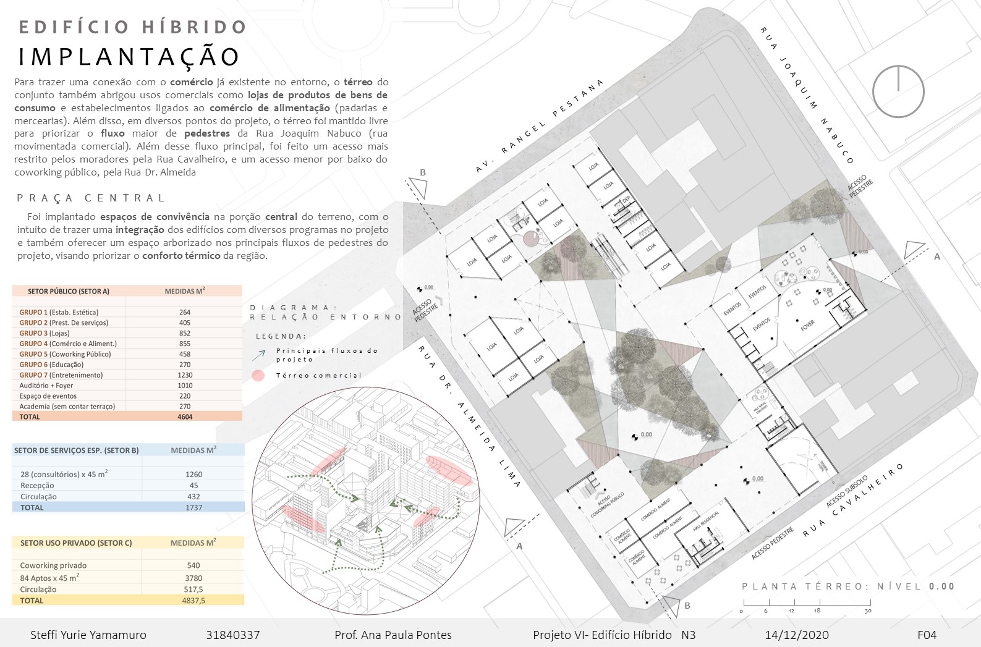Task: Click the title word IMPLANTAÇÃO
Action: pyautogui.click(x=129, y=56)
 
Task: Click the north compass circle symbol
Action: pyautogui.click(x=898, y=91)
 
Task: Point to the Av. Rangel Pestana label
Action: pyautogui.click(x=539, y=126)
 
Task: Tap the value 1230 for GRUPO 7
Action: pyautogui.click(x=185, y=375)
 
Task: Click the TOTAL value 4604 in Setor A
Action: pyautogui.click(x=185, y=417)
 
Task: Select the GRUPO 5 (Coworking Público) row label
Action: pyautogui.click(x=65, y=354)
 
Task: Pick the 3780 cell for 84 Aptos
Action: pyautogui.click(x=193, y=578)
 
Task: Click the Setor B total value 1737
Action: pyautogui.click(x=193, y=507)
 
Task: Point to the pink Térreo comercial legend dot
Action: pyautogui.click(x=258, y=375)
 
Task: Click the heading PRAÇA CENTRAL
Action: pyautogui.click(x=91, y=198)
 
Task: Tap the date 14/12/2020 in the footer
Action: pyautogui.click(x=797, y=635)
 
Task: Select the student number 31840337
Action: pyautogui.click(x=232, y=635)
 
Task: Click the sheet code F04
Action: pyautogui.click(x=927, y=635)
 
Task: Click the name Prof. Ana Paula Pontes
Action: pyautogui.click(x=393, y=635)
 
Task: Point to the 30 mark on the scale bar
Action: pyautogui.click(x=868, y=611)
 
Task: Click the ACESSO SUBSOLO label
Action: pyautogui.click(x=847, y=491)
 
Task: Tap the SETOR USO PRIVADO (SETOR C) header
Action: pyautogui.click(x=76, y=543)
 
